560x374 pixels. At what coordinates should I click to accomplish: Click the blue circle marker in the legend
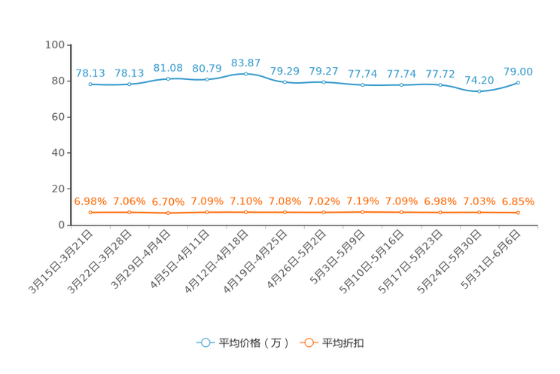[x=205, y=342]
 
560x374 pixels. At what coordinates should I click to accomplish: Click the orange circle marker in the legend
[x=308, y=342]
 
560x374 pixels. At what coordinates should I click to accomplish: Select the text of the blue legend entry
[x=252, y=343]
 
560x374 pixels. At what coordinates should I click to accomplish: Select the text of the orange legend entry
[x=344, y=343]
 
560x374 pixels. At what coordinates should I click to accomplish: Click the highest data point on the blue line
[x=246, y=73]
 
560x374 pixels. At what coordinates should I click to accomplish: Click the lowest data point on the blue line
[x=479, y=90]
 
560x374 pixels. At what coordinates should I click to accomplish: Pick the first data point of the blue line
[x=90, y=84]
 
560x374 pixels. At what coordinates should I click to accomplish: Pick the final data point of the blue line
[x=519, y=81]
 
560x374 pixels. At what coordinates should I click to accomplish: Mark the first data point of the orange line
[x=90, y=213]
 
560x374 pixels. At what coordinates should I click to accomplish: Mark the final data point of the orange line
[x=519, y=213]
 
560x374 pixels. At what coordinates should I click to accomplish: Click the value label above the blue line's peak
[x=246, y=61]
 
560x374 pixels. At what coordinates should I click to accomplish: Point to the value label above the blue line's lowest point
[x=479, y=79]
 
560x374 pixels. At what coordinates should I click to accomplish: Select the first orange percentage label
[x=90, y=201]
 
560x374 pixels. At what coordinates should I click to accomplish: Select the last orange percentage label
[x=519, y=201]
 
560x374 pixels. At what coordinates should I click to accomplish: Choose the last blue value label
[x=519, y=71]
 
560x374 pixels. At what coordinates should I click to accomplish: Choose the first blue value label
[x=90, y=73]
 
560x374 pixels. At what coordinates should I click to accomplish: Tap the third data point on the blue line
[x=168, y=78]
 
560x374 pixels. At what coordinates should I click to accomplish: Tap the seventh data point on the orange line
[x=324, y=213]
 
